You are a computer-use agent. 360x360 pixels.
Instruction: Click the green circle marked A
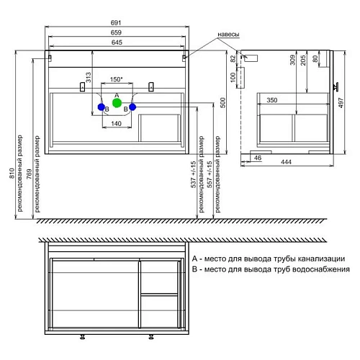(x=117, y=103)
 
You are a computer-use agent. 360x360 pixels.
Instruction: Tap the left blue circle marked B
(x=102, y=107)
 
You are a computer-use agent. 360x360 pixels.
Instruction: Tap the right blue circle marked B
(x=132, y=107)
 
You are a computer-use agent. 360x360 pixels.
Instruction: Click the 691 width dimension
(x=116, y=22)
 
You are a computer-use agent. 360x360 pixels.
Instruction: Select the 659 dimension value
(x=116, y=32)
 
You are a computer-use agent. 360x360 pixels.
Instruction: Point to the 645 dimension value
(x=117, y=42)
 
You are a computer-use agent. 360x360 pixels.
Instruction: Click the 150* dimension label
(x=117, y=79)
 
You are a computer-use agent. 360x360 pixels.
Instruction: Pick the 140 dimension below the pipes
(x=116, y=124)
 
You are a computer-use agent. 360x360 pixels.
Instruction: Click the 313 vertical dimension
(x=89, y=77)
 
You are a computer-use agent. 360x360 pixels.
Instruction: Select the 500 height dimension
(x=222, y=102)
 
